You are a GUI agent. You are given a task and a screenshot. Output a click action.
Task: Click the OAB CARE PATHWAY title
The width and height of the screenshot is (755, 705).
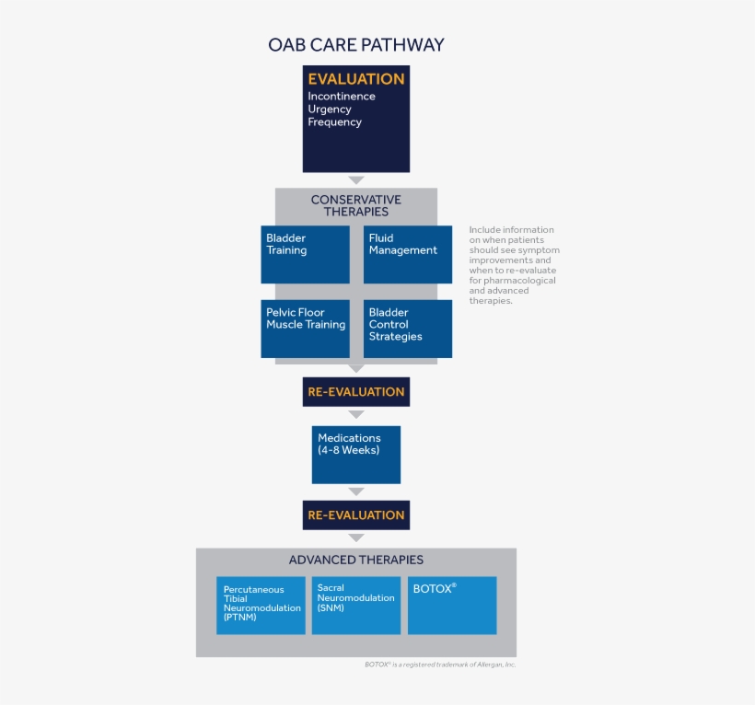click(355, 44)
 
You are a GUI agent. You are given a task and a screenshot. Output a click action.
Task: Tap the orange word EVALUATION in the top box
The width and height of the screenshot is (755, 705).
click(355, 79)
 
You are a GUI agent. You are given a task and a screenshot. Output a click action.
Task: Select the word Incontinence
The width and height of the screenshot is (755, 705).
click(341, 97)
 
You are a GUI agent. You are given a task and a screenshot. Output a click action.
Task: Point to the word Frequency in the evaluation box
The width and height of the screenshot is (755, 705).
click(334, 122)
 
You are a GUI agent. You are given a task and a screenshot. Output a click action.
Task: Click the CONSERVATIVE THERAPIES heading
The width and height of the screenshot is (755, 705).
click(355, 205)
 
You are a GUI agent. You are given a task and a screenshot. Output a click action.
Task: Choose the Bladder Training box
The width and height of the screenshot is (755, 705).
click(305, 254)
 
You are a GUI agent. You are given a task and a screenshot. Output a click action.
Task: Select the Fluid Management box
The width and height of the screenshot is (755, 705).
click(407, 254)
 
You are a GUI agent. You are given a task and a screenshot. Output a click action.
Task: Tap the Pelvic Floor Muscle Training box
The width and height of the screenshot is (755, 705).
click(305, 328)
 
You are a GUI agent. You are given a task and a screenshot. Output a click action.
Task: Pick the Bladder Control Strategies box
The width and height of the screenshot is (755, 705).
click(407, 328)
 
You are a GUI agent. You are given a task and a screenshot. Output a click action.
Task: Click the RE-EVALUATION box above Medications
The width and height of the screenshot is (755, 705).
click(355, 392)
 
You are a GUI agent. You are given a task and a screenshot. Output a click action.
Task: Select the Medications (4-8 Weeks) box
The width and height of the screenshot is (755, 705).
click(355, 454)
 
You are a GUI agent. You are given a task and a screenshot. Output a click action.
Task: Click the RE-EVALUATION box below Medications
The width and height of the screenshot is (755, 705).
click(355, 515)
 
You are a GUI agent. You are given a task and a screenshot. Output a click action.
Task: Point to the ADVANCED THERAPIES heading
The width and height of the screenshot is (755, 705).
click(355, 560)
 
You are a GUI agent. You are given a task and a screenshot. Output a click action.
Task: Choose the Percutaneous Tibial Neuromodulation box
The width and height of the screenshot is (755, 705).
click(261, 605)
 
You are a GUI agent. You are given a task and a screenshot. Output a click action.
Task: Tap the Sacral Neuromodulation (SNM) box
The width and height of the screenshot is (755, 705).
click(355, 605)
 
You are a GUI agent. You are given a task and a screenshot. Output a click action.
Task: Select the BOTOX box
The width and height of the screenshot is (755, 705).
click(451, 605)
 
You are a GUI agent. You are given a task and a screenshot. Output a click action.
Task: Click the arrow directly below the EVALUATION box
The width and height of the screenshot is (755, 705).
click(355, 180)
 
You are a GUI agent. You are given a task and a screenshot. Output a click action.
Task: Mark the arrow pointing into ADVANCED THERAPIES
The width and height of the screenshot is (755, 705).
click(355, 537)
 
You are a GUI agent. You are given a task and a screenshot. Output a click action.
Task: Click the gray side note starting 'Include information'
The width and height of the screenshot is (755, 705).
click(513, 265)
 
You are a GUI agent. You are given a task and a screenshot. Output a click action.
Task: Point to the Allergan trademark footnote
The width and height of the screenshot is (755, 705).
click(439, 665)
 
